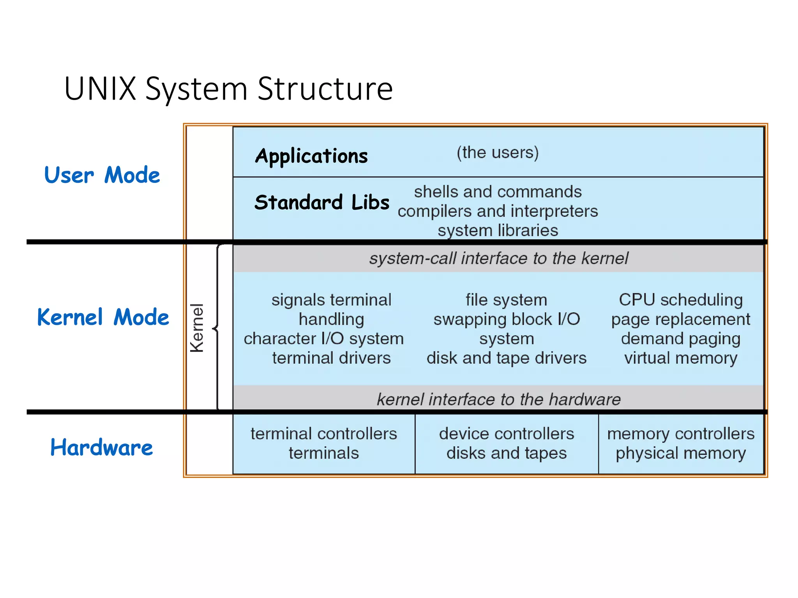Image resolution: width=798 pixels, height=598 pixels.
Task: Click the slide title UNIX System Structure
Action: point(228,89)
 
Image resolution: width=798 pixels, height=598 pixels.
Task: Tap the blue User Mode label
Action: point(102,175)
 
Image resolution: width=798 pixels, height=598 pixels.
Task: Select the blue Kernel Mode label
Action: point(103,317)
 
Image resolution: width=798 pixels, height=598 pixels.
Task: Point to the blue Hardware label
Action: point(101,447)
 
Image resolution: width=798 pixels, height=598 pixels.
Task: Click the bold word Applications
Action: point(311,156)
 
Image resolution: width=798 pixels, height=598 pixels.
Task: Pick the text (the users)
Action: point(498,152)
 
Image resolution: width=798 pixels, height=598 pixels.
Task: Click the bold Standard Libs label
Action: point(322,202)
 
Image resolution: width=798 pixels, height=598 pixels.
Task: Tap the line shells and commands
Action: point(498,192)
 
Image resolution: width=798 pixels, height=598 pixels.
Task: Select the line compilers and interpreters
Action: point(498,211)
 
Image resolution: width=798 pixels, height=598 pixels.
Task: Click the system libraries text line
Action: point(498,230)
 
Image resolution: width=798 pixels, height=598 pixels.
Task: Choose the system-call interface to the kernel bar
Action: point(498,258)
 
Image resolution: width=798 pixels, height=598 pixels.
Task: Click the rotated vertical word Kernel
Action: point(197,328)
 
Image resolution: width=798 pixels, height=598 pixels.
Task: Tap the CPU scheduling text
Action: point(680,300)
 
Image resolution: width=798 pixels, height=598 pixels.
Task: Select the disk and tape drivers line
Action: point(506,358)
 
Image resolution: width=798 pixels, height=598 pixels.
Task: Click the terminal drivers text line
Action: point(331,358)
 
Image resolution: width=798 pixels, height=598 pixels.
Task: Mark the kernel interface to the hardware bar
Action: point(498,399)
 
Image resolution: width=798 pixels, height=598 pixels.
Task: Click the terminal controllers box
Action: point(324,443)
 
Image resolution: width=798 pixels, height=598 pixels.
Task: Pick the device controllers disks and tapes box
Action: point(506,443)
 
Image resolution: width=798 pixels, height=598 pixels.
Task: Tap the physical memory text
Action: point(680,453)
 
